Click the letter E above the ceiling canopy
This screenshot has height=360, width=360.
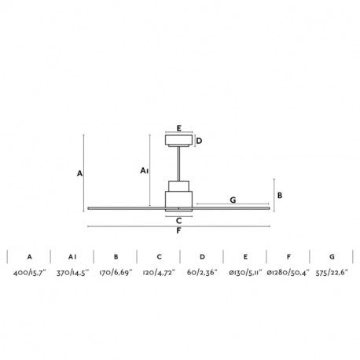pyautogui.click(x=179, y=128)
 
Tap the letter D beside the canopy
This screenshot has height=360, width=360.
pyautogui.click(x=199, y=141)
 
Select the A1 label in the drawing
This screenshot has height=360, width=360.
pyautogui.click(x=145, y=171)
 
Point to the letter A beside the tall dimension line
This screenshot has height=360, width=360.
pyautogui.click(x=79, y=174)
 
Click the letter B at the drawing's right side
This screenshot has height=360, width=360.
pyautogui.click(x=280, y=196)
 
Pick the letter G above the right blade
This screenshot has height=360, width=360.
pyautogui.click(x=233, y=200)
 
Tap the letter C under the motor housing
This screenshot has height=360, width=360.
pyautogui.click(x=179, y=221)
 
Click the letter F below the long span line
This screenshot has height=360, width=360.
pyautogui.click(x=178, y=231)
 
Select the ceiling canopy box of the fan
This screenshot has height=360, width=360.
pyautogui.click(x=179, y=141)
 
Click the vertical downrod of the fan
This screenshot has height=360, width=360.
pyautogui.click(x=179, y=163)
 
